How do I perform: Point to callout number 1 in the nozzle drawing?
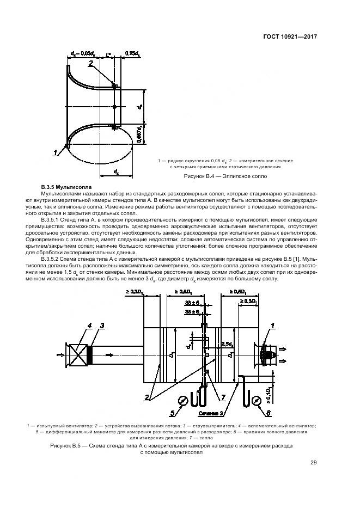[56, 153]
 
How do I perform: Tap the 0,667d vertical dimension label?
[140, 133]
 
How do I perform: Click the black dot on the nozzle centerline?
[114, 106]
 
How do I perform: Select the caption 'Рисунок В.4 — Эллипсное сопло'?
[224, 176]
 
